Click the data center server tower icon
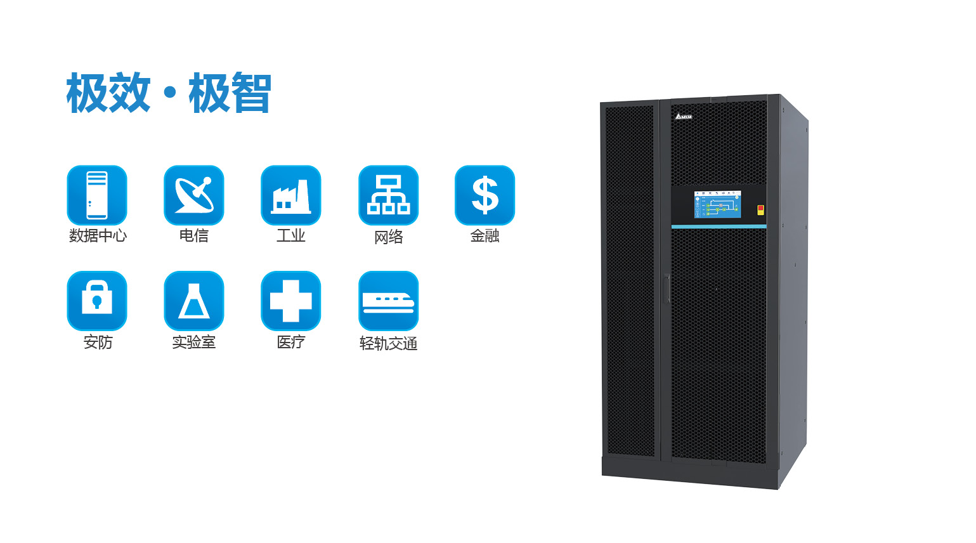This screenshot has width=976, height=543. coord(97,195)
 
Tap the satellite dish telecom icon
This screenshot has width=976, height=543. coord(194,195)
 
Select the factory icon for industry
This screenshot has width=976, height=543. coord(291,195)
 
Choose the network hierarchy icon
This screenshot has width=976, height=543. coord(388,195)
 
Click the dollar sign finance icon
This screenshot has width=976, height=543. coord(485,195)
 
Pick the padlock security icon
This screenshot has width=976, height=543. coord(97,301)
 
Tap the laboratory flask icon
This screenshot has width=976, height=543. coord(194,301)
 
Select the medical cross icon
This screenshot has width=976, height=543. coord(291,301)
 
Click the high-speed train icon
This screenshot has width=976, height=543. coord(388,301)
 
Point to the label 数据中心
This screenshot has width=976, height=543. coord(98,236)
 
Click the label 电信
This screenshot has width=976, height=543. coord(194,236)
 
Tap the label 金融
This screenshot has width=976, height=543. coord(485,236)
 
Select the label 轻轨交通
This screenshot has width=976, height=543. coord(388,344)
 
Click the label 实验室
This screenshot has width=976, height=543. coord(194,342)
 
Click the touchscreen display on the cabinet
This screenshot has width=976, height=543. coord(718,204)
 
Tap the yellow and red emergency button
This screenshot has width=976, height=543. coord(761,210)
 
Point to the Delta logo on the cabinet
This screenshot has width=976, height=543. coord(683,116)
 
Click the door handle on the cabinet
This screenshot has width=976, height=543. coord(667,289)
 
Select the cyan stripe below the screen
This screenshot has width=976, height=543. coord(719,226)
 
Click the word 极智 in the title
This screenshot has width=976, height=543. coord(230,93)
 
